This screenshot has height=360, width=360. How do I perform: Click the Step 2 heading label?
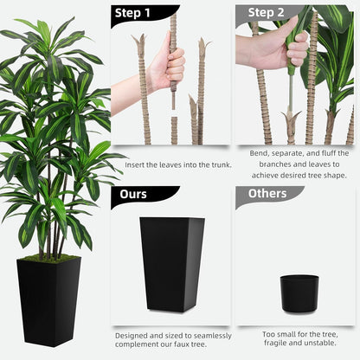click(267, 13)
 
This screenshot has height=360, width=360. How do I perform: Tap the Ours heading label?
click(134, 194)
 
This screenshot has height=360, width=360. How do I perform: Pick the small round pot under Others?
click(299, 292)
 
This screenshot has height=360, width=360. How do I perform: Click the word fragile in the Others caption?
click(272, 344)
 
